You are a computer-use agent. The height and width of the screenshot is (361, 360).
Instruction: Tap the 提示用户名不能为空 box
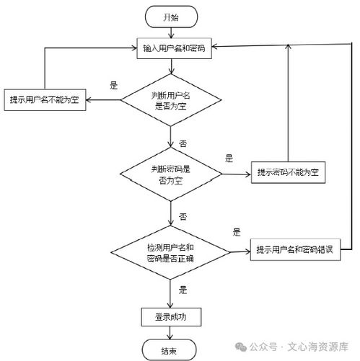pos(45,100)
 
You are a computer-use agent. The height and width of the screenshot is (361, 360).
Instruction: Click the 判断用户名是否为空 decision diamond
pos(171,101)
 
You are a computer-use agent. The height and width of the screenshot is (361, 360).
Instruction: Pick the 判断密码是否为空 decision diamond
pos(171,173)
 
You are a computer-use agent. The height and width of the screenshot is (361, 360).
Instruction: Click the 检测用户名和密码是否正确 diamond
pos(171,251)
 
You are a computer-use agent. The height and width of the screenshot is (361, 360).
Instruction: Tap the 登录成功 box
pos(171,316)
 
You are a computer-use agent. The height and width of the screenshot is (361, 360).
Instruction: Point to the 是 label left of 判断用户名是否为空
pos(113,85)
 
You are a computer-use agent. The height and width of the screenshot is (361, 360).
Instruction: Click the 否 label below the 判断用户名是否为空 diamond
pos(183,143)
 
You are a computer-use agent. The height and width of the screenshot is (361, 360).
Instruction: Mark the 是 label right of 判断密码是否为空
pos(229,158)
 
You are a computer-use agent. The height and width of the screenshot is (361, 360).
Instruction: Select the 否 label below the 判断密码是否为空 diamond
pos(183,215)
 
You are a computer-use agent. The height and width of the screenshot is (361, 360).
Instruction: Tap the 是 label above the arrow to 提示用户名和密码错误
pos(236,233)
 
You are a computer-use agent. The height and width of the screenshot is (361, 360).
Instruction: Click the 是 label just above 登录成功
pos(183,290)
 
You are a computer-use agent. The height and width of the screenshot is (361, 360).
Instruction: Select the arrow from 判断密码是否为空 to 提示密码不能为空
pos(236,173)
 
